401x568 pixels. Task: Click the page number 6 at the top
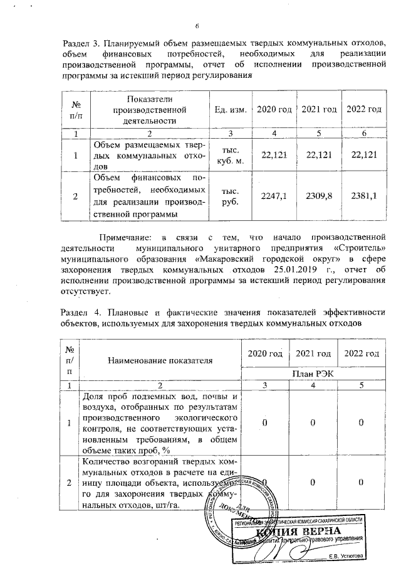197,26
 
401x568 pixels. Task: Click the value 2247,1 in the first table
274,196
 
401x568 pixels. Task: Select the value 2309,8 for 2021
320,196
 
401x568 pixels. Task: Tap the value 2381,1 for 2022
364,196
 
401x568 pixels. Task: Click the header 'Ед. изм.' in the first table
229,110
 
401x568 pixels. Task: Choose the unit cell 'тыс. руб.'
229,196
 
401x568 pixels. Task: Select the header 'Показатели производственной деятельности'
150,110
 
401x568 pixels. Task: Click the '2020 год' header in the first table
274,110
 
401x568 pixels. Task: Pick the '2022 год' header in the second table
362,353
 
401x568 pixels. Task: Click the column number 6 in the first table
364,133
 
